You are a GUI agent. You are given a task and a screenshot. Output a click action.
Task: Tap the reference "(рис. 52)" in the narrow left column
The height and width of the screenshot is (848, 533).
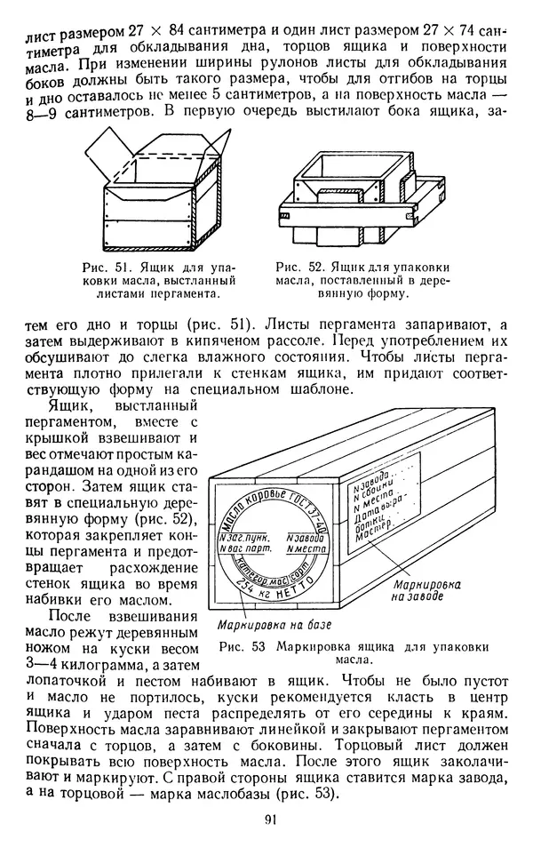[x=161, y=519]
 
